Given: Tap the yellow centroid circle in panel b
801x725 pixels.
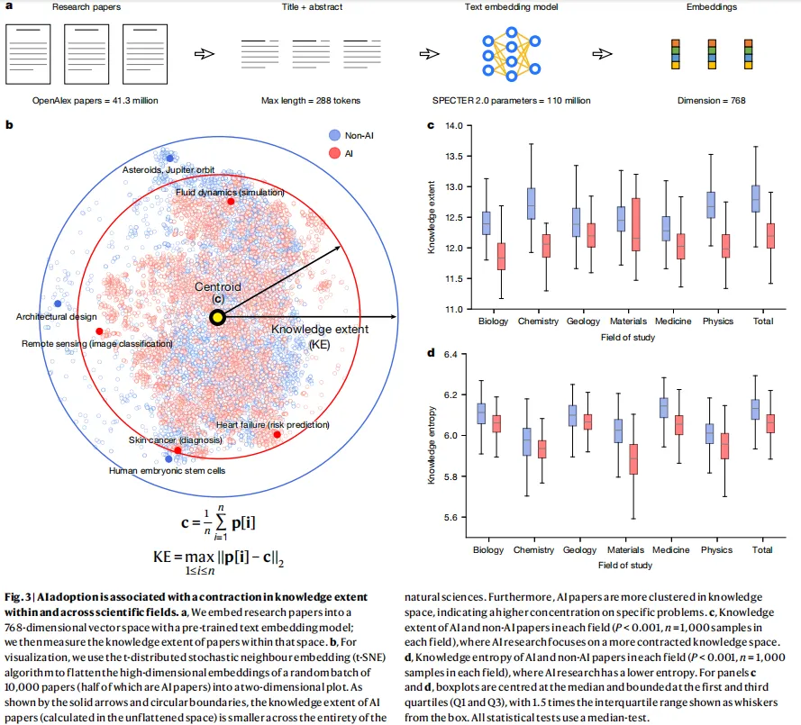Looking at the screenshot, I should point(217,317).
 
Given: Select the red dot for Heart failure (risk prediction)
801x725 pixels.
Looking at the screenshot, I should point(277,435).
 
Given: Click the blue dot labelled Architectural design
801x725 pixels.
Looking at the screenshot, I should point(59,304).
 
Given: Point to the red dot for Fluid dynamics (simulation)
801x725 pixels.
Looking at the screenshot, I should point(231,201).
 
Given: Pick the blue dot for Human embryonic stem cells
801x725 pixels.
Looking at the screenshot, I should point(169,458).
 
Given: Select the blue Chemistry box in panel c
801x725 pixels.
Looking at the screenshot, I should point(532,204).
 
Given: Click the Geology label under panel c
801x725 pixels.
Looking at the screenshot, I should point(583,322).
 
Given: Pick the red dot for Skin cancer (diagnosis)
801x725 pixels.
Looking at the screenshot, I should point(177,449).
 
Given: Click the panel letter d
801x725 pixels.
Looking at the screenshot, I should point(431,352).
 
